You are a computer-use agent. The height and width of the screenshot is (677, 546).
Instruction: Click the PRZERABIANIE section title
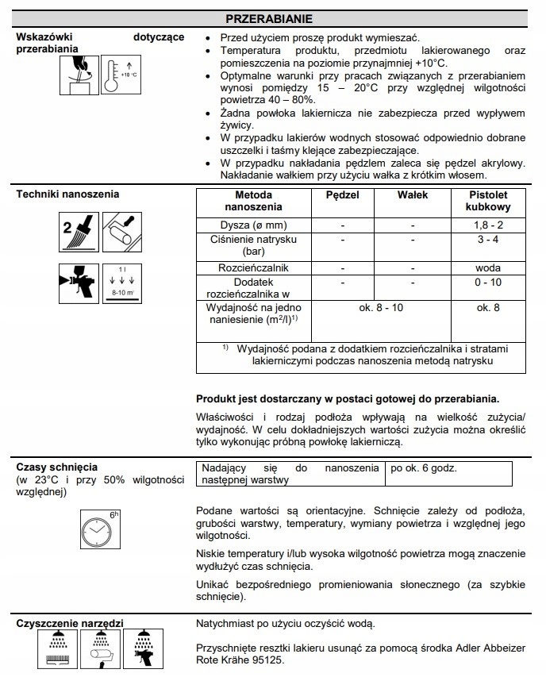coord(273,17)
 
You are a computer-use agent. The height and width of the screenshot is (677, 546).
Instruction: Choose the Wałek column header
coord(413,194)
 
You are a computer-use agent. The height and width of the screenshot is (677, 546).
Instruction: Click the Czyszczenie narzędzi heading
coord(69,623)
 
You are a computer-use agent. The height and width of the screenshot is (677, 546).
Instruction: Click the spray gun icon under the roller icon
coord(79,283)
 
